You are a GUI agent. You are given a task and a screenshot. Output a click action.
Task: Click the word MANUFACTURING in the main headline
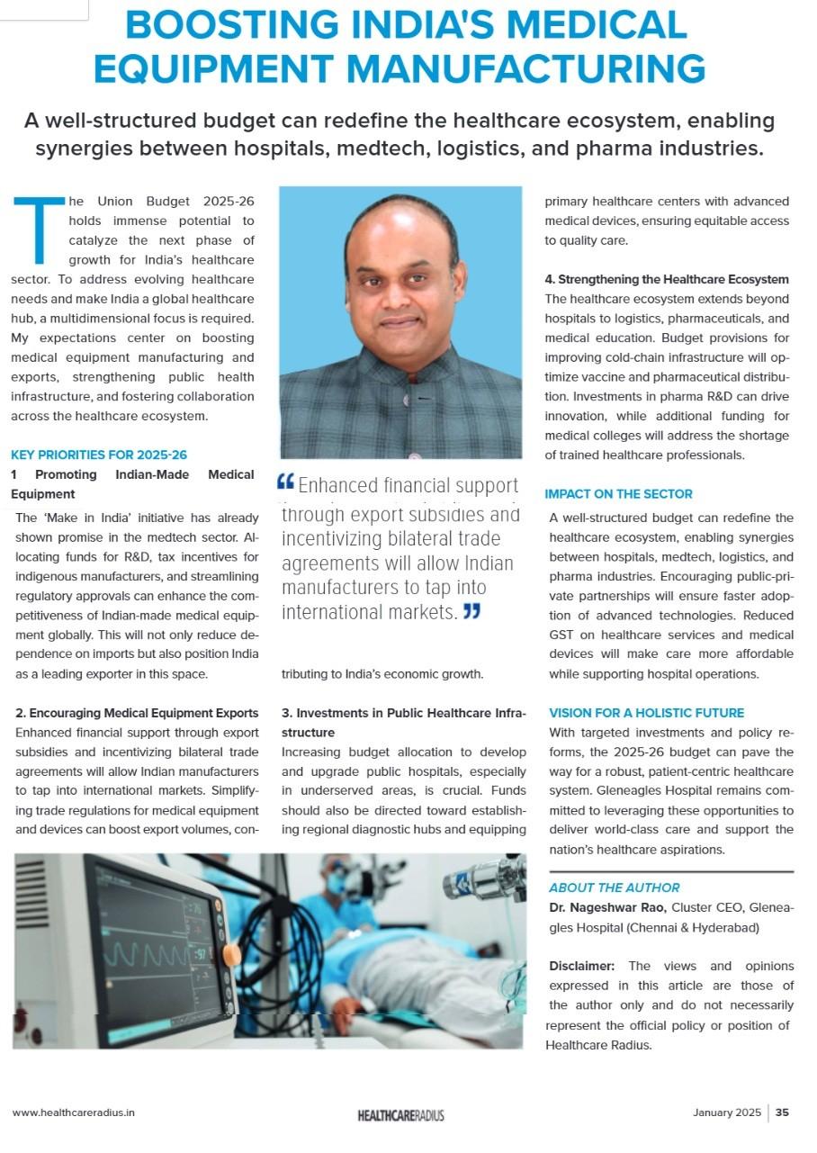[526, 68]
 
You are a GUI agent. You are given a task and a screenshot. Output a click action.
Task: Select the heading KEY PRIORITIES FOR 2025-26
[99, 455]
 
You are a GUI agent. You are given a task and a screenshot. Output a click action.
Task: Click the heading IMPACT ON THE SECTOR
[618, 494]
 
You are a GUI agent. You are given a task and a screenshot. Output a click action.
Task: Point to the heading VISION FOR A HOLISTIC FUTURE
[646, 713]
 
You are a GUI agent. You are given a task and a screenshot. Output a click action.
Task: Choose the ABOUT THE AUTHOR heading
[615, 887]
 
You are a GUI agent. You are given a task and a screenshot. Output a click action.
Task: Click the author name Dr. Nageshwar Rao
[607, 907]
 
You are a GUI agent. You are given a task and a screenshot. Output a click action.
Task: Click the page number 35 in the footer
[782, 1112]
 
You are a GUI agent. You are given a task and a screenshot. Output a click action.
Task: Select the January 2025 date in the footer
[726, 1112]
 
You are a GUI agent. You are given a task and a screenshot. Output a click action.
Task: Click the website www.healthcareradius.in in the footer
[74, 1112]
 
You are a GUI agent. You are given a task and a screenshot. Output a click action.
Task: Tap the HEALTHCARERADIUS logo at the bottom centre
[400, 1115]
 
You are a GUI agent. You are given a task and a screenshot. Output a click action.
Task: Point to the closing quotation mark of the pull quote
[471, 612]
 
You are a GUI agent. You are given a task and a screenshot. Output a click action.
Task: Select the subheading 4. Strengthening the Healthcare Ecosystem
[667, 280]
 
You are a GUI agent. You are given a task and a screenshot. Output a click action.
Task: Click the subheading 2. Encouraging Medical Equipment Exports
[137, 714]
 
